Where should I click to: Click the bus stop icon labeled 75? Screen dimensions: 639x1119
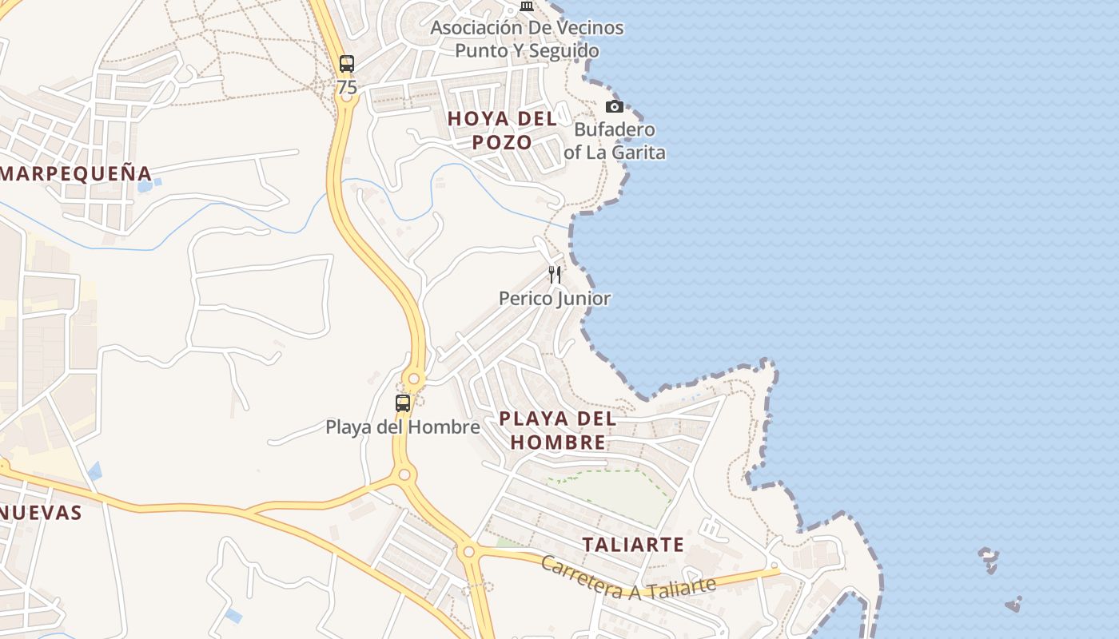click(x=346, y=64)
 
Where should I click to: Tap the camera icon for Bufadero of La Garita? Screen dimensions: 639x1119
click(x=614, y=106)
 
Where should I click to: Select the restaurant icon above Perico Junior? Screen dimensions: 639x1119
click(x=554, y=275)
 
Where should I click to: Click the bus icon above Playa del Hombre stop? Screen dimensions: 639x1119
click(x=403, y=403)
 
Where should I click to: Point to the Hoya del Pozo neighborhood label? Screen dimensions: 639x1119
click(x=502, y=130)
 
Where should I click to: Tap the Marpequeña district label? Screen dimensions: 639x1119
click(x=76, y=173)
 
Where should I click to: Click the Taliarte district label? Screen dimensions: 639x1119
click(x=633, y=545)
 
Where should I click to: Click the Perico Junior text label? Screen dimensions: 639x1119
click(x=555, y=299)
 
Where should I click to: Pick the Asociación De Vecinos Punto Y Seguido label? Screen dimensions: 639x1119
click(x=527, y=39)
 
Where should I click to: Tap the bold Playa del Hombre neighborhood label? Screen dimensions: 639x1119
click(x=558, y=430)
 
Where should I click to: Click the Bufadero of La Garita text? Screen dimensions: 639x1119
click(x=615, y=141)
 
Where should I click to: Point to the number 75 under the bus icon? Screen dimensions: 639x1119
click(x=347, y=88)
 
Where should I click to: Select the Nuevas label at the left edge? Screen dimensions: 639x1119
click(x=42, y=513)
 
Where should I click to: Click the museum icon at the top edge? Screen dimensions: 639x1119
click(x=526, y=6)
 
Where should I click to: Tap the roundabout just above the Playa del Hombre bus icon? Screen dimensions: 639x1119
click(x=414, y=379)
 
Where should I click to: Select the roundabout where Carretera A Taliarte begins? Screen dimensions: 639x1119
click(x=468, y=551)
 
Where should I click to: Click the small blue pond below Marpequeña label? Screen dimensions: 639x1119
click(x=145, y=187)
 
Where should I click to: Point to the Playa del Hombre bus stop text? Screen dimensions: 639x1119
click(x=403, y=427)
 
